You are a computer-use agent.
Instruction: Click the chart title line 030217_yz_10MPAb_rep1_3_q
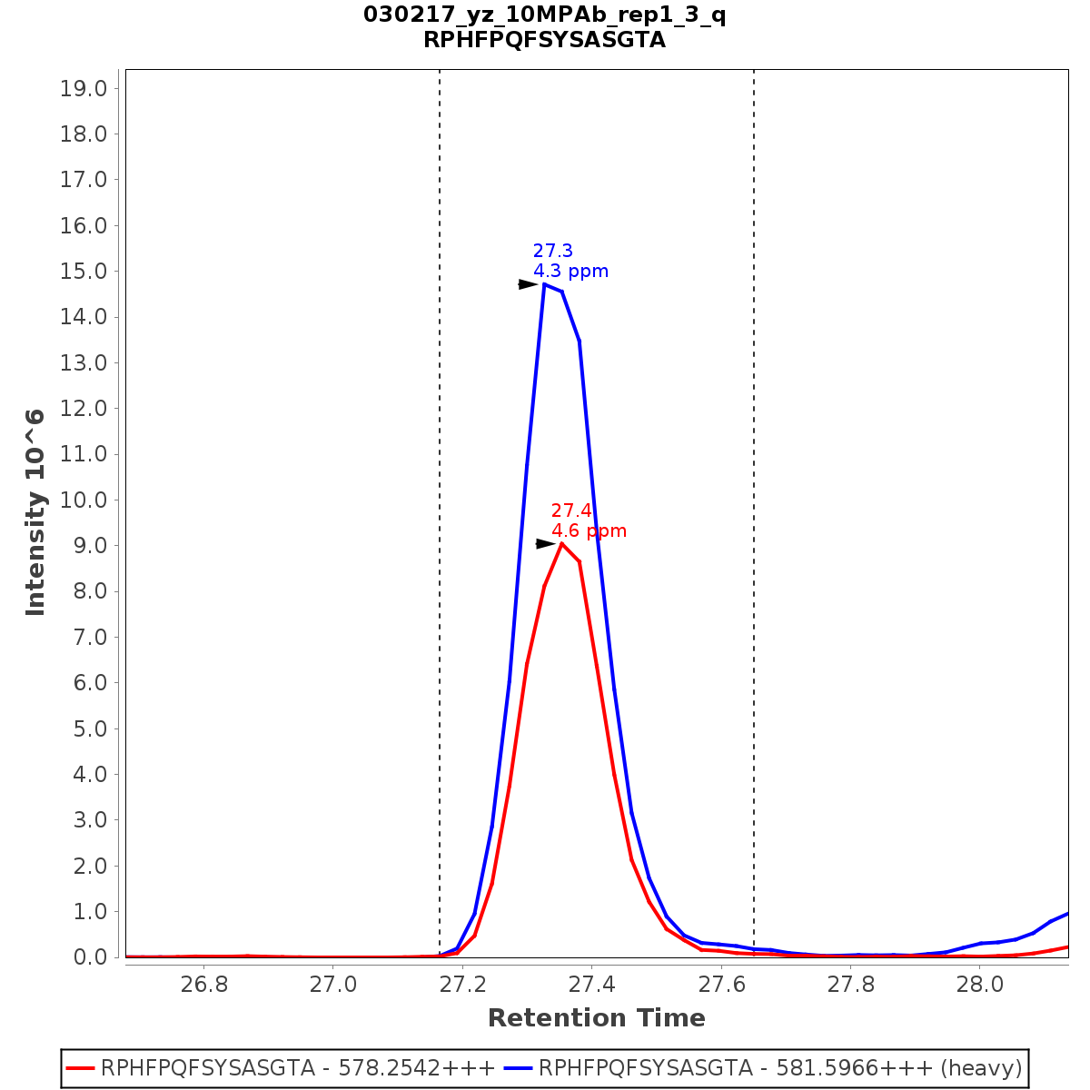(x=544, y=15)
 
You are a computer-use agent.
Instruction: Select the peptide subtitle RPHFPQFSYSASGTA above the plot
(x=544, y=40)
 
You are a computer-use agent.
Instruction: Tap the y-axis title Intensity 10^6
(x=35, y=512)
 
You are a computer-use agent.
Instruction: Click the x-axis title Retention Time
(x=596, y=1018)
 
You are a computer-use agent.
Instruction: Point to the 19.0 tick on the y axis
(x=84, y=88)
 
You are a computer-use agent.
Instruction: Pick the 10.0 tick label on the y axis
(x=84, y=500)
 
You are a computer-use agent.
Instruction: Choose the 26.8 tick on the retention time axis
(x=203, y=985)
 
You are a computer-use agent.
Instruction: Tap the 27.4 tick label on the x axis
(x=592, y=985)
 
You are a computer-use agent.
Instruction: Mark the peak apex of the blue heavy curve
(x=544, y=284)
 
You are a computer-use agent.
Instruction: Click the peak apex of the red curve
(x=562, y=543)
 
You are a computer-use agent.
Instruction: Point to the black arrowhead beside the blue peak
(x=528, y=284)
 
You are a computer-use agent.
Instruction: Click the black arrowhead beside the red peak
(x=545, y=543)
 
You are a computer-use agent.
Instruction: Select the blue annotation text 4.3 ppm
(x=570, y=271)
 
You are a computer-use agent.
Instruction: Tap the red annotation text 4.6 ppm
(x=589, y=530)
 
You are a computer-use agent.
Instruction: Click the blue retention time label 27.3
(x=552, y=251)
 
